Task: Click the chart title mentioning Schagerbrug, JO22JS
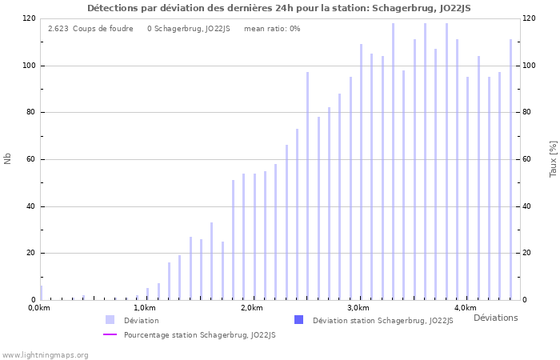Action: tap(279, 8)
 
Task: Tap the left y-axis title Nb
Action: tap(8, 158)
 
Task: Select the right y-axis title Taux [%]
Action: tap(553, 158)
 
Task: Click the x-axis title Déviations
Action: tap(495, 318)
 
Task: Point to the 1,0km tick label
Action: tap(145, 308)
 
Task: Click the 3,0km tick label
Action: tap(358, 308)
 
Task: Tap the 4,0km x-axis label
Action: tap(465, 308)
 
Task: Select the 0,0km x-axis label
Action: tap(39, 308)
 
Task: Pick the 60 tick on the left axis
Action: tap(29, 159)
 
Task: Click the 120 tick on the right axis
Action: tap(530, 18)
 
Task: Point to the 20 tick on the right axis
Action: tap(528, 253)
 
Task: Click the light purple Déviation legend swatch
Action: tap(110, 320)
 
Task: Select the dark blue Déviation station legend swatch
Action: tap(298, 320)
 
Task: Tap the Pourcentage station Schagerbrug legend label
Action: tap(199, 335)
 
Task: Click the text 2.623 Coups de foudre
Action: tap(90, 29)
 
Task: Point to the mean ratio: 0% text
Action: tap(272, 29)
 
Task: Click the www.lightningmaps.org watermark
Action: tap(45, 354)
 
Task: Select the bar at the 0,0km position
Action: tap(41, 293)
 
